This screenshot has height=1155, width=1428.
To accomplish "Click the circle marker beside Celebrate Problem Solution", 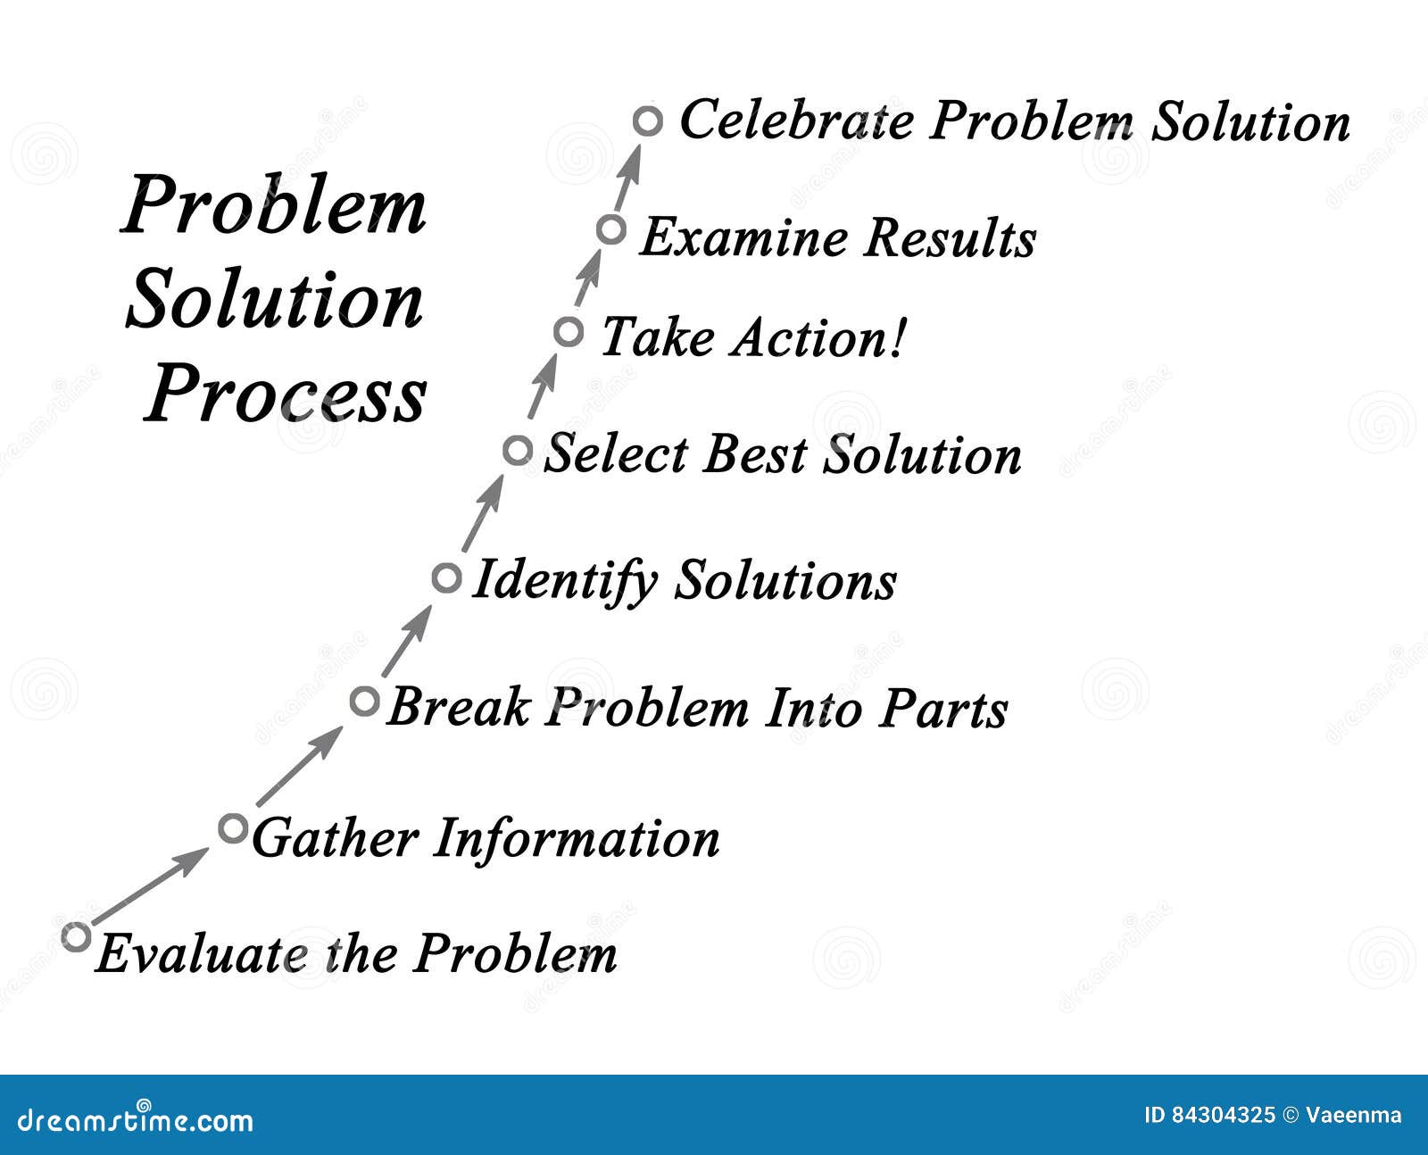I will [x=649, y=120].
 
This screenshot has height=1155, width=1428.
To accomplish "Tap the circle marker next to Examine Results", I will [x=611, y=229].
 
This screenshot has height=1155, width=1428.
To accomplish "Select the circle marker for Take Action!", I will [x=569, y=332].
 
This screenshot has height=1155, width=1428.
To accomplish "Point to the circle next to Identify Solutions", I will [x=446, y=577].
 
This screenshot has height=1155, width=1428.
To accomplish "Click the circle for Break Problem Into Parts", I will [x=365, y=702].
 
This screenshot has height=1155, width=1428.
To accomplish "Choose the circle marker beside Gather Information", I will [x=233, y=828].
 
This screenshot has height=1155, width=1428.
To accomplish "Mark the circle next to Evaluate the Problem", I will [x=77, y=936].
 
